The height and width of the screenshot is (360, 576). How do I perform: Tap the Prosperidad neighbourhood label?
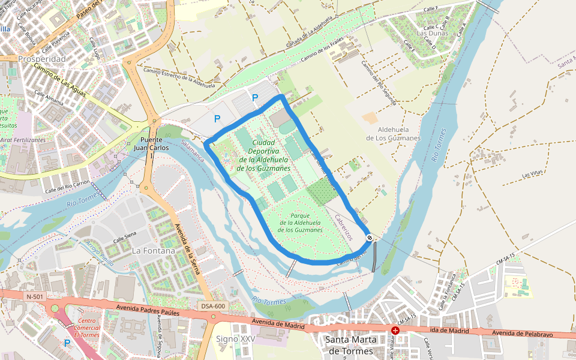[42, 59]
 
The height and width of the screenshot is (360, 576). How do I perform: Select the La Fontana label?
[154, 250]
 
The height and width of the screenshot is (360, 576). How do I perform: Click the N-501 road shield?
[35, 296]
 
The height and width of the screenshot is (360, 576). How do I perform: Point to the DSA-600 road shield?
[213, 306]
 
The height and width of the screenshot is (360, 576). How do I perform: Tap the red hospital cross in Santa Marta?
[395, 331]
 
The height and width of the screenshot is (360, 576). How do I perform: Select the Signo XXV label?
[236, 339]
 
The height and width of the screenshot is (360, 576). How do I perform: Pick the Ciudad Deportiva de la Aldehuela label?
[264, 155]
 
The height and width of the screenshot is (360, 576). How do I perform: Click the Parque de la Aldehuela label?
[301, 223]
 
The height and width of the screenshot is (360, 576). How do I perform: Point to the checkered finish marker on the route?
[370, 238]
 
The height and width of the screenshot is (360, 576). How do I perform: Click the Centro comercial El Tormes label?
[83, 329]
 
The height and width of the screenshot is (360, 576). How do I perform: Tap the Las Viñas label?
[533, 175]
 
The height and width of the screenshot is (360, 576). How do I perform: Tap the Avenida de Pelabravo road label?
[518, 333]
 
